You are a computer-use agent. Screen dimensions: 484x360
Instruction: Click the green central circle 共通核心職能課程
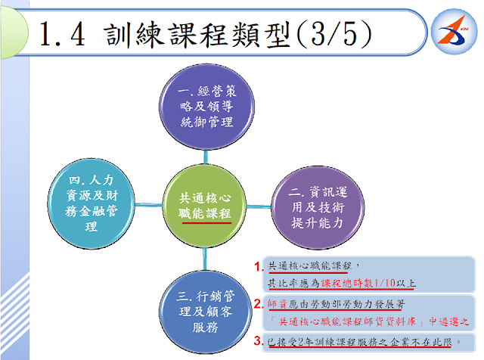coord(204,206)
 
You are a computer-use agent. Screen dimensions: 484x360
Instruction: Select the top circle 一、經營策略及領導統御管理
coord(206,107)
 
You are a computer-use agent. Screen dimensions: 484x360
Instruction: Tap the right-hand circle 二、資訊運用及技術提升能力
coord(318,207)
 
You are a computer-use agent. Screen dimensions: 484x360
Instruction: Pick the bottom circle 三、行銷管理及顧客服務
coord(206,312)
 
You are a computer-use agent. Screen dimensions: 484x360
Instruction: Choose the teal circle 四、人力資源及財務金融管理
coord(92,203)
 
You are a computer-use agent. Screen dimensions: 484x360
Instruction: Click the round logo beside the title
coord(454,32)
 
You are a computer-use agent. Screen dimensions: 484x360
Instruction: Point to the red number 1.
coord(259,266)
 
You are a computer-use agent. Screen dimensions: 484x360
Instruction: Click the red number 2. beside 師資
coord(259,304)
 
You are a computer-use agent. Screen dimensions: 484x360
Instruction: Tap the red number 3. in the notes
coord(259,341)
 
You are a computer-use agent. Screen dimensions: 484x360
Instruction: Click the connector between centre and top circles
coord(206,157)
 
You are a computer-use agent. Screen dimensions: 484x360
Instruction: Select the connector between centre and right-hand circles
coord(259,206)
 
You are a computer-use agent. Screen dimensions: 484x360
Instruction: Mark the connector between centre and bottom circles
coord(204,259)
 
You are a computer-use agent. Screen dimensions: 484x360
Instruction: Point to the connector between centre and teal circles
coord(149,205)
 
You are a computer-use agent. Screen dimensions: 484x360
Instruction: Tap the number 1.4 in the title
coord(62,34)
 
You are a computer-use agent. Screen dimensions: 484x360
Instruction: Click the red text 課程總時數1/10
coord(358,283)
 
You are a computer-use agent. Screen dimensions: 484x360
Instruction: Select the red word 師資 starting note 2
coord(278,304)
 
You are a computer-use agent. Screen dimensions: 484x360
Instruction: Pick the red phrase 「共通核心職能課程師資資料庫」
coord(346,321)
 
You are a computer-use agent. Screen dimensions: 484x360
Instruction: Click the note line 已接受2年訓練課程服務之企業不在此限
coord(360,342)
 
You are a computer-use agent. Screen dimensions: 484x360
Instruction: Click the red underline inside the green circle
coord(206,222)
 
